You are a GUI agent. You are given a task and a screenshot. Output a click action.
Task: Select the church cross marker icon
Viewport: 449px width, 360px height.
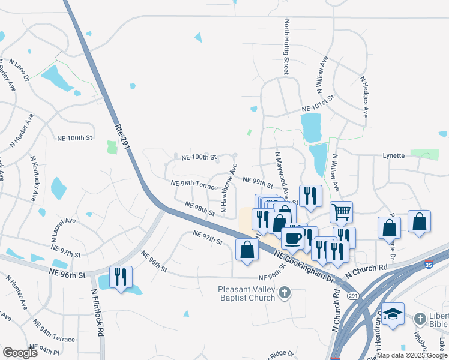285,293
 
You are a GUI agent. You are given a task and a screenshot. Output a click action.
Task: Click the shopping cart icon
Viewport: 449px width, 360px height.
340,211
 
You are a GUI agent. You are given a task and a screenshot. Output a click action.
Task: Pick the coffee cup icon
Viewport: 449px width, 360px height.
292,238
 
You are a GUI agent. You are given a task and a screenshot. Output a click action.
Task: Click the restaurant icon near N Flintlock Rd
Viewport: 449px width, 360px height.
121,277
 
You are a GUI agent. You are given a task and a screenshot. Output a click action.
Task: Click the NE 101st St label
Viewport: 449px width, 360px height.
317,106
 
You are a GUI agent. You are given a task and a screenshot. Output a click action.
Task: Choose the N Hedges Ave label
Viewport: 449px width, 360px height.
364,96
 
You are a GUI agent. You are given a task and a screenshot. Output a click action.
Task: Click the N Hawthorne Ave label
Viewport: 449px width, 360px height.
229,188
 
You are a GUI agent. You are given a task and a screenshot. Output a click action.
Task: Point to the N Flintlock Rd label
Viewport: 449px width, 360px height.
97,313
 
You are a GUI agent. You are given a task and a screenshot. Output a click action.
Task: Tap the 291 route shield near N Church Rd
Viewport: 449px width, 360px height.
354,296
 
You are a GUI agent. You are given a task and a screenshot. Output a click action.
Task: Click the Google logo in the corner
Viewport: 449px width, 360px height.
20,352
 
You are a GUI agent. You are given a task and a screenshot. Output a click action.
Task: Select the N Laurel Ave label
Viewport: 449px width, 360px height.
63,228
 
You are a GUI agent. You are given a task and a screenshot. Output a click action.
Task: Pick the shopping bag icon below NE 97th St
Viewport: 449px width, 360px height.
247,249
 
